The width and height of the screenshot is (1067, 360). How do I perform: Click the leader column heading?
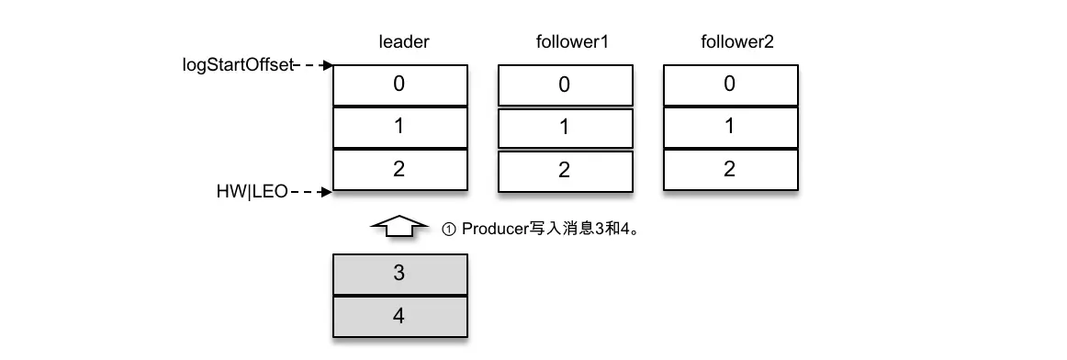click(x=404, y=42)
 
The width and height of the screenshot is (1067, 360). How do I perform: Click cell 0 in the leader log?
click(x=399, y=84)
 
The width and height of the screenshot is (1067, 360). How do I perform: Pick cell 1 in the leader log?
click(x=399, y=128)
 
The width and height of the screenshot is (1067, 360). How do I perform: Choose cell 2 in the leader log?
click(x=399, y=170)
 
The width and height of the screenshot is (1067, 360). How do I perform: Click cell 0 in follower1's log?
click(x=564, y=85)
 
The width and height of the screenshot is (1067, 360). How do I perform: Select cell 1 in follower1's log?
click(x=564, y=129)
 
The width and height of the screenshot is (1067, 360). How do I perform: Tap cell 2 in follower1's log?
click(x=564, y=171)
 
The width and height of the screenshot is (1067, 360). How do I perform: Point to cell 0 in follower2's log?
click(x=729, y=84)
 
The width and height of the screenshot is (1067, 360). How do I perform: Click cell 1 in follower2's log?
click(x=729, y=128)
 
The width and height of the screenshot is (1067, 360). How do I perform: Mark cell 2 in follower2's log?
click(x=729, y=170)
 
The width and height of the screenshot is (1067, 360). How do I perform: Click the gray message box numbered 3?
click(x=399, y=274)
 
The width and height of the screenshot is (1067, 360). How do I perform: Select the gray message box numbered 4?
click(x=399, y=317)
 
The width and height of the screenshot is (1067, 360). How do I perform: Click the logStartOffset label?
click(x=238, y=66)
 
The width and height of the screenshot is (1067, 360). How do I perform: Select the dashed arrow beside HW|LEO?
click(x=312, y=193)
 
